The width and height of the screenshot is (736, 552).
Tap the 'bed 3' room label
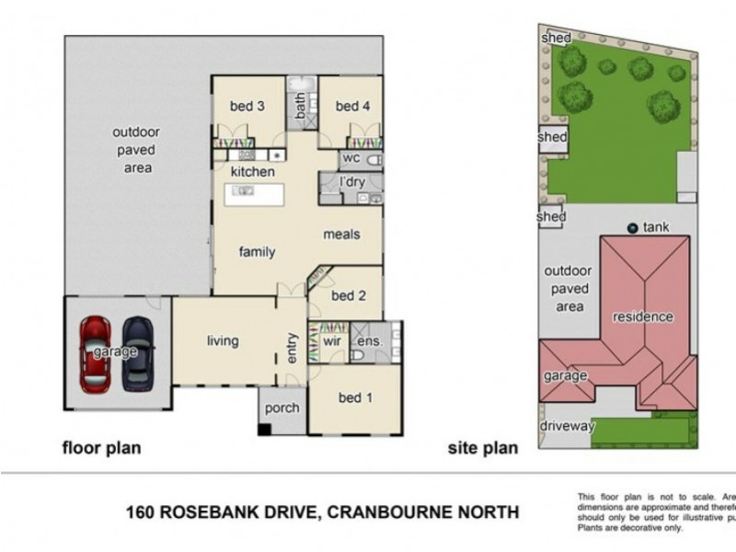coord(247,107)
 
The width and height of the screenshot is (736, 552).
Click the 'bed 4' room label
coord(352,107)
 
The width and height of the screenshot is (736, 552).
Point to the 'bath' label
coord(301,110)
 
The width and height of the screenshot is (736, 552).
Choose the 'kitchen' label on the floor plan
coord(252,172)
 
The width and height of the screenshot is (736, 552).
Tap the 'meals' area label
coord(340,234)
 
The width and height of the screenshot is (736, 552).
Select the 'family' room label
coord(258,251)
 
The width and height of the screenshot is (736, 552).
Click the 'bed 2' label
coord(349,295)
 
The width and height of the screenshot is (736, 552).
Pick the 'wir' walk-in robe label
coord(331,341)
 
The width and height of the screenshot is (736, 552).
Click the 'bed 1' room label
coord(356,397)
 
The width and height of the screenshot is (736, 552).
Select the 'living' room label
coord(222,341)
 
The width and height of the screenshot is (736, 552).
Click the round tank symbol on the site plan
coord(632,227)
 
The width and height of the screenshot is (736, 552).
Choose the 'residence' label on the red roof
coord(643,317)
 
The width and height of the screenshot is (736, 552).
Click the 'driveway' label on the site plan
coord(568,426)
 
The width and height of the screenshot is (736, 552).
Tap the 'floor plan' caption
coord(101,449)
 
